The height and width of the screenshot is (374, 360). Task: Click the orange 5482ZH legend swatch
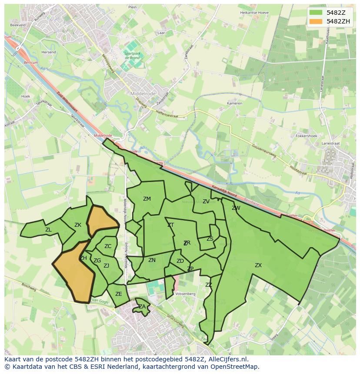[x=316, y=21]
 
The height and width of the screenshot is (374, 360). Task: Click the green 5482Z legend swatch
[x=316, y=13]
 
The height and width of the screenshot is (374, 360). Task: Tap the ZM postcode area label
[x=147, y=199]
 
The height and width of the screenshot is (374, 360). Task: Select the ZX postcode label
[x=258, y=265]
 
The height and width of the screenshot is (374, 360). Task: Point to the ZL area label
[x=48, y=230]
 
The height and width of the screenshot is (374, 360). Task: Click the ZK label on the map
[x=78, y=225]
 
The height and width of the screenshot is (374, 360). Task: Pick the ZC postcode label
[x=108, y=246]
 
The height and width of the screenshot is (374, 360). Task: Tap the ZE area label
[x=119, y=294]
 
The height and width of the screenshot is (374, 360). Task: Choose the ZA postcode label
[x=142, y=307]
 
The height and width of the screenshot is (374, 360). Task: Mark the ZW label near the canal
[x=236, y=208]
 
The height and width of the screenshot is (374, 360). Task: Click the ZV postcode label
[x=206, y=202]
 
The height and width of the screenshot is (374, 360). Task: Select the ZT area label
[x=170, y=225]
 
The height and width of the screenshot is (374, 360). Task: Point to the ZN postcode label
[x=152, y=260]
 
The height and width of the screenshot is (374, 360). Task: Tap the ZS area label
[x=210, y=239]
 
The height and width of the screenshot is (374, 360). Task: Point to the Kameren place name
[x=234, y=104]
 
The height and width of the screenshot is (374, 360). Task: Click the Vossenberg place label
[x=185, y=294]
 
